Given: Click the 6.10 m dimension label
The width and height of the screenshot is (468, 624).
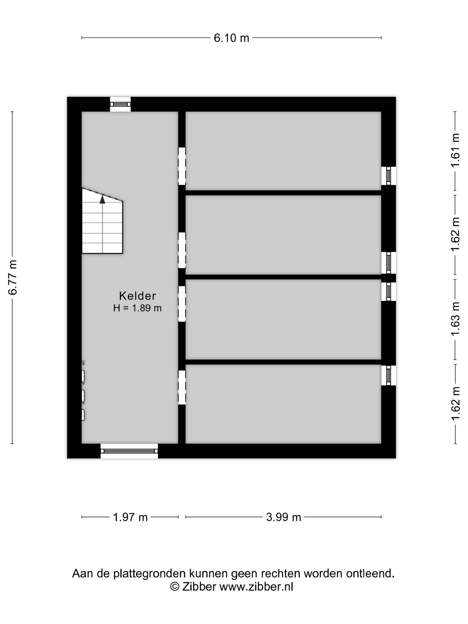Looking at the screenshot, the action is pos(231,38).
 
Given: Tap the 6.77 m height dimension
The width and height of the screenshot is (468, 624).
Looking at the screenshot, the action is pos(13,277).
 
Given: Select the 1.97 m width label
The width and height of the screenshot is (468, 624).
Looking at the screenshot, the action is pos(130,517).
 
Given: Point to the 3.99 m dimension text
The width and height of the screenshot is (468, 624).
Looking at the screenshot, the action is pos(283,517).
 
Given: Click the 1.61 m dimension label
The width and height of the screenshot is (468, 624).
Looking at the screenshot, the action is pos(455,150).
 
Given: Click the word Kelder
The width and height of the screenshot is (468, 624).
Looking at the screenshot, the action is pos(137,296).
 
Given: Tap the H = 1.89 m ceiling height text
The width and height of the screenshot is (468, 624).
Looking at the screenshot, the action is pos(137,308).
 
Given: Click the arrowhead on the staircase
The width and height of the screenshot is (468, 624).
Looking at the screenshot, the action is pos(102,199).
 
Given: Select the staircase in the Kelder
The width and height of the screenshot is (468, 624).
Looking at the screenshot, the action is pos(102,221).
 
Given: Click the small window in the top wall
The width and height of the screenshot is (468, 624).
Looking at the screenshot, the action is pos(120,104).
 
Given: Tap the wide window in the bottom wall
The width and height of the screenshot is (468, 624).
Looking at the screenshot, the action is pos(129,451).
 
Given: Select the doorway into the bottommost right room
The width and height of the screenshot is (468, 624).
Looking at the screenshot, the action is pos(182,387).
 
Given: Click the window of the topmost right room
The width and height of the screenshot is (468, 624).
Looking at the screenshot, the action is pos(388,176).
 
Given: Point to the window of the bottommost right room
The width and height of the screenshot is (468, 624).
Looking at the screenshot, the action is pos(388,375).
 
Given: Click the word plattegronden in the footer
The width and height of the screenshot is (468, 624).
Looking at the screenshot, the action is pos(150,573).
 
